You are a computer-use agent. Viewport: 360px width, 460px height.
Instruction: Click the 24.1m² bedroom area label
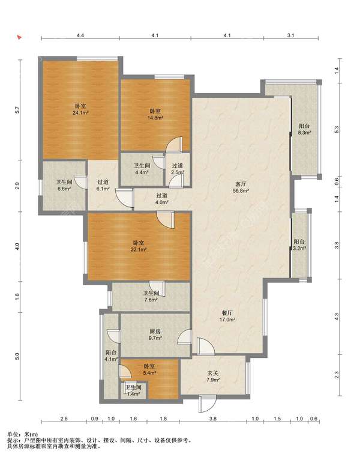click(x=80, y=109)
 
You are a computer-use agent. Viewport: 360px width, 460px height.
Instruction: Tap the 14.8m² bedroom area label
click(x=155, y=115)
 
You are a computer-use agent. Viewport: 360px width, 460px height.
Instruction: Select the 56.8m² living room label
click(x=241, y=187)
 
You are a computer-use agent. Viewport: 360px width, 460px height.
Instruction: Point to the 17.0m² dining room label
click(x=227, y=316)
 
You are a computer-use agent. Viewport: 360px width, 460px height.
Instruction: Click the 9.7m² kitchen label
click(x=155, y=334)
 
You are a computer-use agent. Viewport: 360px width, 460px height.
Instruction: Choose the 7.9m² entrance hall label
click(x=213, y=377)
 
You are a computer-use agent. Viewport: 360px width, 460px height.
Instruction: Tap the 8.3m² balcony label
click(x=304, y=129)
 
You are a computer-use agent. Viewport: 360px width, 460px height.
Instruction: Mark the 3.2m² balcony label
click(x=299, y=245)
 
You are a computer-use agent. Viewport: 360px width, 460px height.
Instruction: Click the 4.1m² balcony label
click(x=112, y=356)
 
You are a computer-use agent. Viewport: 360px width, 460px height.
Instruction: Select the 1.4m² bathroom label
click(x=133, y=391)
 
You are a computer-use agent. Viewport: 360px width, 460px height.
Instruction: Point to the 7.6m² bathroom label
click(x=151, y=296)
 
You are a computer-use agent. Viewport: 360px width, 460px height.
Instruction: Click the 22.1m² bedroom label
click(x=139, y=246)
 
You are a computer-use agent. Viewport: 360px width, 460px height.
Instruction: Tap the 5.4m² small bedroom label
click(x=149, y=370)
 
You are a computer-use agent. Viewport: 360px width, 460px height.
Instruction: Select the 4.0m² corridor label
click(x=162, y=199)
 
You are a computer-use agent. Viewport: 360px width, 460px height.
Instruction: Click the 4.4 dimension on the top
click(x=80, y=35)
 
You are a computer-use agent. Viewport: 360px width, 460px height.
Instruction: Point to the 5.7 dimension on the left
click(x=17, y=110)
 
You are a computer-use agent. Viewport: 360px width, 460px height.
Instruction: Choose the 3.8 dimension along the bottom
click(x=213, y=419)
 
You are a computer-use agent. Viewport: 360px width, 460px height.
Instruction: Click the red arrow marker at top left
click(x=19, y=38)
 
